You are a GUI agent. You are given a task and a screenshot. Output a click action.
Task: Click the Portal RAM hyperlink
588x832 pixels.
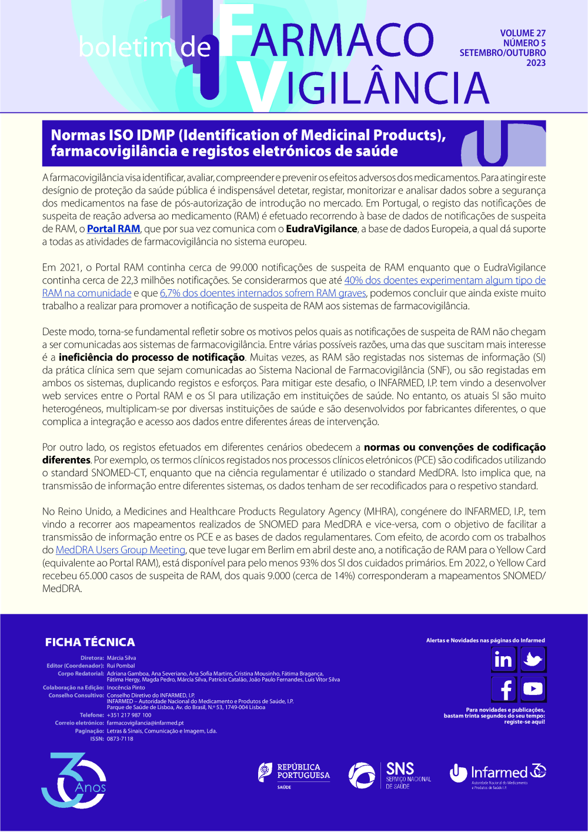point(113,229)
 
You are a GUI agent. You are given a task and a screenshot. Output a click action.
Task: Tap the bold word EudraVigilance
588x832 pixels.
point(322,229)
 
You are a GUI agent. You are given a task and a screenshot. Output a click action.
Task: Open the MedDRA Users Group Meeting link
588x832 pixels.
point(121,550)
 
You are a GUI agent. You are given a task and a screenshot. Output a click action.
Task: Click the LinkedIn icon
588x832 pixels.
point(503,660)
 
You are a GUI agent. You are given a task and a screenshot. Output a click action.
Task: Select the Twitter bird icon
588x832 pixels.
point(533,660)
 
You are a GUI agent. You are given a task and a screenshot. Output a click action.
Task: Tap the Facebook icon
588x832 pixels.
point(503,689)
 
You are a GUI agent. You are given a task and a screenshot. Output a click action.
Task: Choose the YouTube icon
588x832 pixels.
point(533,689)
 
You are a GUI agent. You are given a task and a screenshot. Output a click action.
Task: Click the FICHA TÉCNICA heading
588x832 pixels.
point(90,642)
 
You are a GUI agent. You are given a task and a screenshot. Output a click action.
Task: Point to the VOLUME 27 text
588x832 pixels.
point(523,34)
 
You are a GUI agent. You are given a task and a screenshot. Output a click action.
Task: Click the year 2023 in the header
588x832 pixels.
point(536,63)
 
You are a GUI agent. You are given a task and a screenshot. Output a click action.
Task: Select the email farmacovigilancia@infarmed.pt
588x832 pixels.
point(145,723)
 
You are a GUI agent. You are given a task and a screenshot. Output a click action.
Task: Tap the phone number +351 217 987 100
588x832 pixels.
point(129,715)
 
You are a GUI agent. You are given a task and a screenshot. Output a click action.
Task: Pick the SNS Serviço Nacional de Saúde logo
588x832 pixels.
point(389,776)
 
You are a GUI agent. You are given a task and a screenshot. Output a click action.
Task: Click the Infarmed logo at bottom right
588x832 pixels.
point(497,774)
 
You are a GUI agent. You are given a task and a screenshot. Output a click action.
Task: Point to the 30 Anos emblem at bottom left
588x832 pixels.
point(73,780)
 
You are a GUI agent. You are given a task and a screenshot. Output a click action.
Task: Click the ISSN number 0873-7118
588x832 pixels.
point(120,739)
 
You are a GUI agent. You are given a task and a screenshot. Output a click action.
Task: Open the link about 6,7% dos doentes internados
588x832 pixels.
point(263,293)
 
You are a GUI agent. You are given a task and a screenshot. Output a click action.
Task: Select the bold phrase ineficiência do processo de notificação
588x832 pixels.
point(152,357)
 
